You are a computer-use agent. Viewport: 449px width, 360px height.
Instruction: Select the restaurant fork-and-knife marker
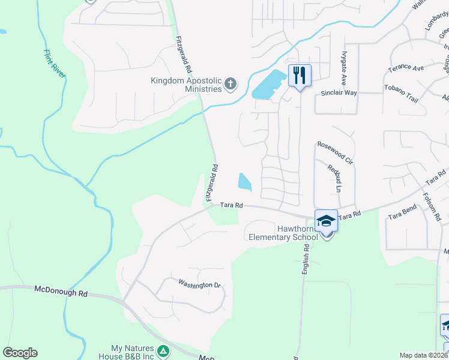click(299, 75)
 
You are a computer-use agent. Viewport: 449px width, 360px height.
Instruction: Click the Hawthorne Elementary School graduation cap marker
click(326, 221)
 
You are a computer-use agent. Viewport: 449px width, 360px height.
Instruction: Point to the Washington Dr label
click(200, 284)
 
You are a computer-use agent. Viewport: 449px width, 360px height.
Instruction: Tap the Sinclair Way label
click(339, 93)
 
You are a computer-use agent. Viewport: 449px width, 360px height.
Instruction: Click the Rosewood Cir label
click(335, 153)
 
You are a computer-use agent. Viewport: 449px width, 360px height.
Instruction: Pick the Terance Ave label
click(405, 68)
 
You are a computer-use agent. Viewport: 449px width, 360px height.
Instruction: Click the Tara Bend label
click(402, 212)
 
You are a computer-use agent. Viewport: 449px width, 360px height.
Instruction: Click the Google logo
click(20, 353)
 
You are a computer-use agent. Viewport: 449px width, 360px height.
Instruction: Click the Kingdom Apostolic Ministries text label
click(186, 85)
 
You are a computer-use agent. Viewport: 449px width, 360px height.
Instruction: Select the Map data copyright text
click(423, 355)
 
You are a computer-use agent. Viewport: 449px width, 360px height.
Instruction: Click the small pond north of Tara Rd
click(245, 181)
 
